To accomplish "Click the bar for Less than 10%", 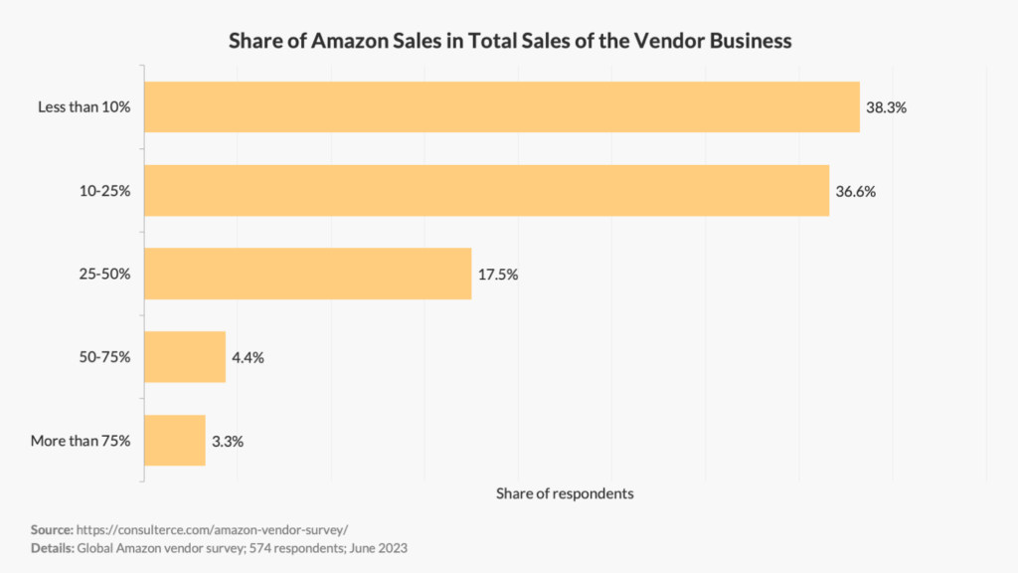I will pyautogui.click(x=502, y=106).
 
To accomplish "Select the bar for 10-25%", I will pyautogui.click(x=486, y=190).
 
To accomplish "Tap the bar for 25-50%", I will pyautogui.click(x=307, y=274).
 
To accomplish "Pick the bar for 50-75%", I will pyautogui.click(x=185, y=357).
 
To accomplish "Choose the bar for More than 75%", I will pyautogui.click(x=175, y=440).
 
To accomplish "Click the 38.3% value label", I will pyautogui.click(x=886, y=107).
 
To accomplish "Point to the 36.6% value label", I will pyautogui.click(x=855, y=191).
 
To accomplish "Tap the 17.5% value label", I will pyautogui.click(x=497, y=275).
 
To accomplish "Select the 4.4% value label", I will pyautogui.click(x=248, y=358).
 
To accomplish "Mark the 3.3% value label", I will pyautogui.click(x=228, y=441).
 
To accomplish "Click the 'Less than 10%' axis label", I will pyautogui.click(x=84, y=107).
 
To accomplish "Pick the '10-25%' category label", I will pyautogui.click(x=106, y=191).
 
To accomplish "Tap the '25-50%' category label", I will pyautogui.click(x=106, y=275).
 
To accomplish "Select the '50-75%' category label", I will pyautogui.click(x=106, y=357).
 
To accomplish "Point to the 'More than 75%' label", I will pyautogui.click(x=81, y=441).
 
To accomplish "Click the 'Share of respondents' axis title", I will pyautogui.click(x=565, y=493).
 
